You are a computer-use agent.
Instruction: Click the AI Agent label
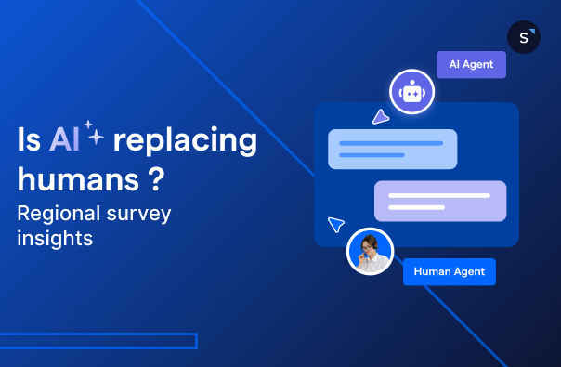pyautogui.click(x=471, y=65)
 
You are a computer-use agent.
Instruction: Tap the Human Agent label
pyautogui.click(x=450, y=271)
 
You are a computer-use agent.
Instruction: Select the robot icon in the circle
pyautogui.click(x=412, y=92)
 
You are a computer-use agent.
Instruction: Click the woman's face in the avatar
pyautogui.click(x=371, y=246)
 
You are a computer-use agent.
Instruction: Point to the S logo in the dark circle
pyautogui.click(x=524, y=37)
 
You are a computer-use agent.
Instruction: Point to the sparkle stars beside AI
pyautogui.click(x=92, y=133)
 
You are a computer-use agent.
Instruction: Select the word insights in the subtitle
pyautogui.click(x=56, y=238)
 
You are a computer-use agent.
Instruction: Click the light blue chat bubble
pyautogui.click(x=392, y=149)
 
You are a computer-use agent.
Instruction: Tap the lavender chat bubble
pyautogui.click(x=439, y=201)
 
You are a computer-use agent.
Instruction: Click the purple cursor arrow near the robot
pyautogui.click(x=379, y=117)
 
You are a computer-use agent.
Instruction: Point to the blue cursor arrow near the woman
pyautogui.click(x=336, y=225)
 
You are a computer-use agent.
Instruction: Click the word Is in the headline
pyautogui.click(x=28, y=140)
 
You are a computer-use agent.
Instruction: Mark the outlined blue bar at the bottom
pyautogui.click(x=98, y=341)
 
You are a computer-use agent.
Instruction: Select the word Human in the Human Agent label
pyautogui.click(x=432, y=271)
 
